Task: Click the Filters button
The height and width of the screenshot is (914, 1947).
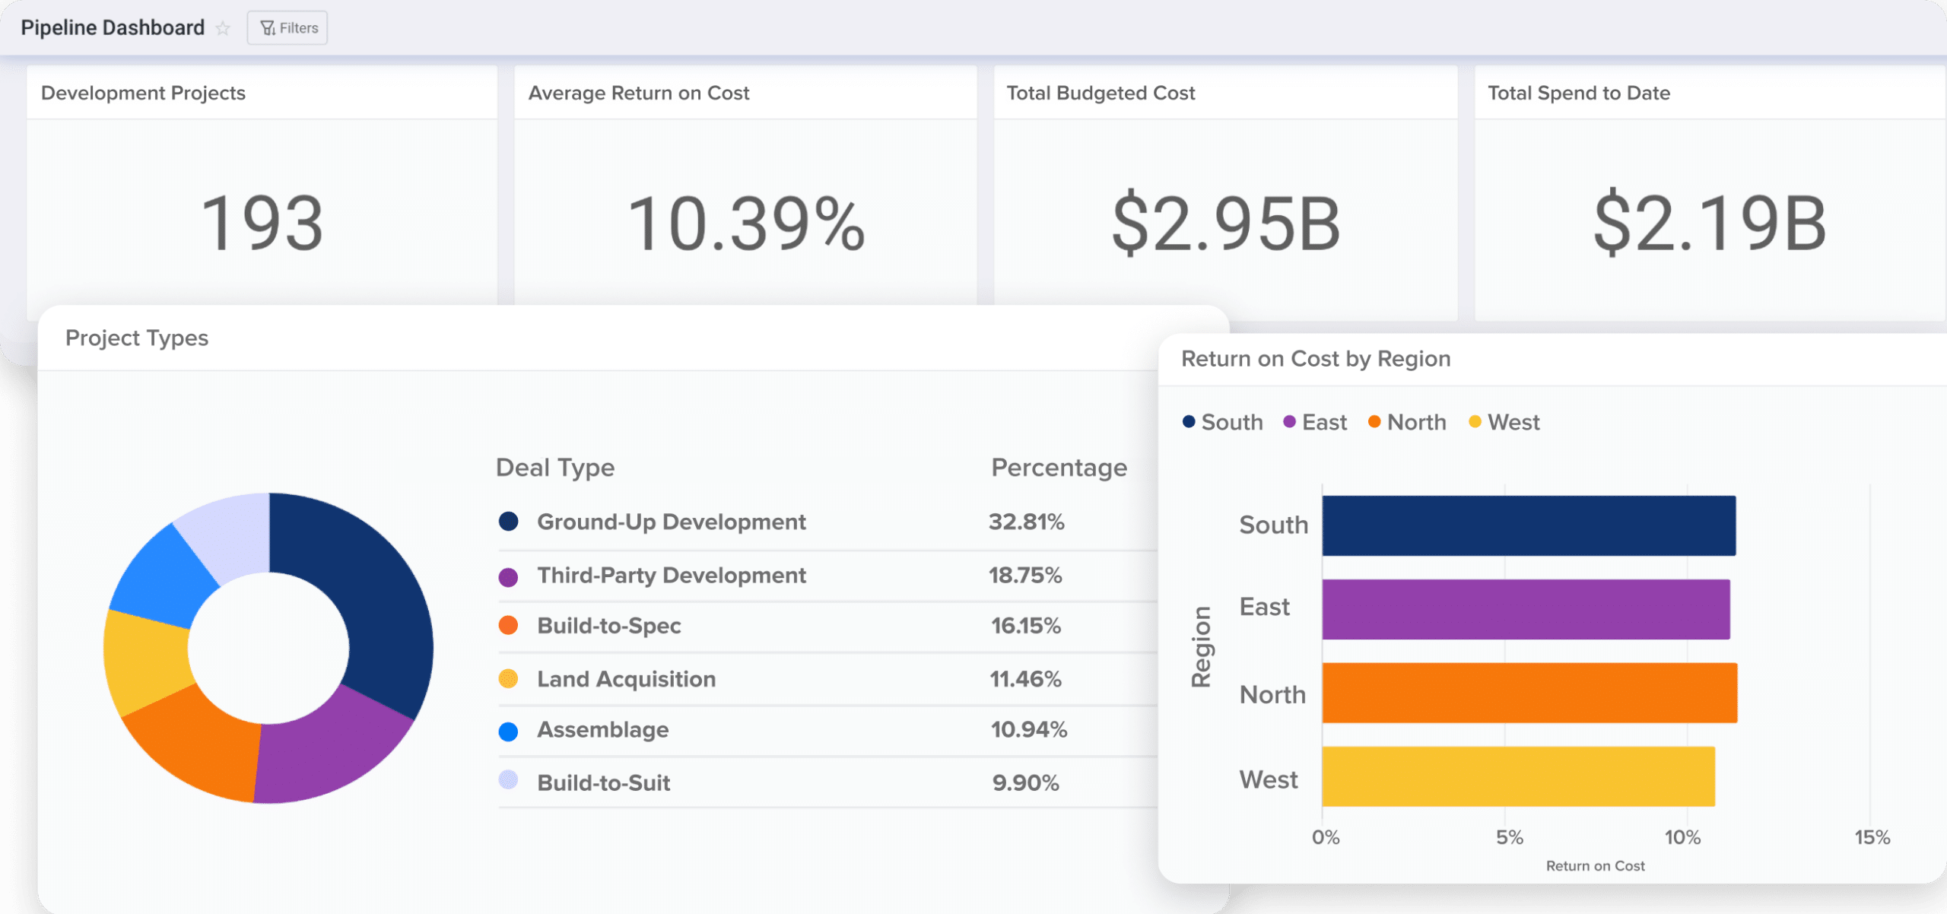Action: click(287, 28)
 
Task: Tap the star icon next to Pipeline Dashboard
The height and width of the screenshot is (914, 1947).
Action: click(223, 29)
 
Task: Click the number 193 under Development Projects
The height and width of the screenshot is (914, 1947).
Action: click(262, 224)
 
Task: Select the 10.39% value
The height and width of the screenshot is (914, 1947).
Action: click(746, 224)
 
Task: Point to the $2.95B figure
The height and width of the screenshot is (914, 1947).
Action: click(1226, 224)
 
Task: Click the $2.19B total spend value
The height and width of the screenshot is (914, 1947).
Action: click(1710, 224)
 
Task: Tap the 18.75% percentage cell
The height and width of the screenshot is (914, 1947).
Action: click(1024, 576)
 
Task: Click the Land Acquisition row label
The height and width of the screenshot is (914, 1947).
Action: click(626, 679)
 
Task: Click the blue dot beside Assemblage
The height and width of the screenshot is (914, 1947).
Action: click(508, 732)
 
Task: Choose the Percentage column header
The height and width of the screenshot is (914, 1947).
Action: click(1059, 468)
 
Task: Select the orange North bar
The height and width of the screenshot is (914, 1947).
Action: click(1529, 693)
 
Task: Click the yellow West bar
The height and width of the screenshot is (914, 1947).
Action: click(1518, 776)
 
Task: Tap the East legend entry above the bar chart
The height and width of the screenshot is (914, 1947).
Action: click(1316, 422)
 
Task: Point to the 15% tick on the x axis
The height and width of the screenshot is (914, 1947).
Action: click(1872, 837)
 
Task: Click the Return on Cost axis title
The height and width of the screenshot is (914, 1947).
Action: click(1595, 866)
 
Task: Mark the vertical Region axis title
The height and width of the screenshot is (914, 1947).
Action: click(1201, 647)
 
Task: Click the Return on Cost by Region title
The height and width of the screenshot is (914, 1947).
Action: click(1316, 359)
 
